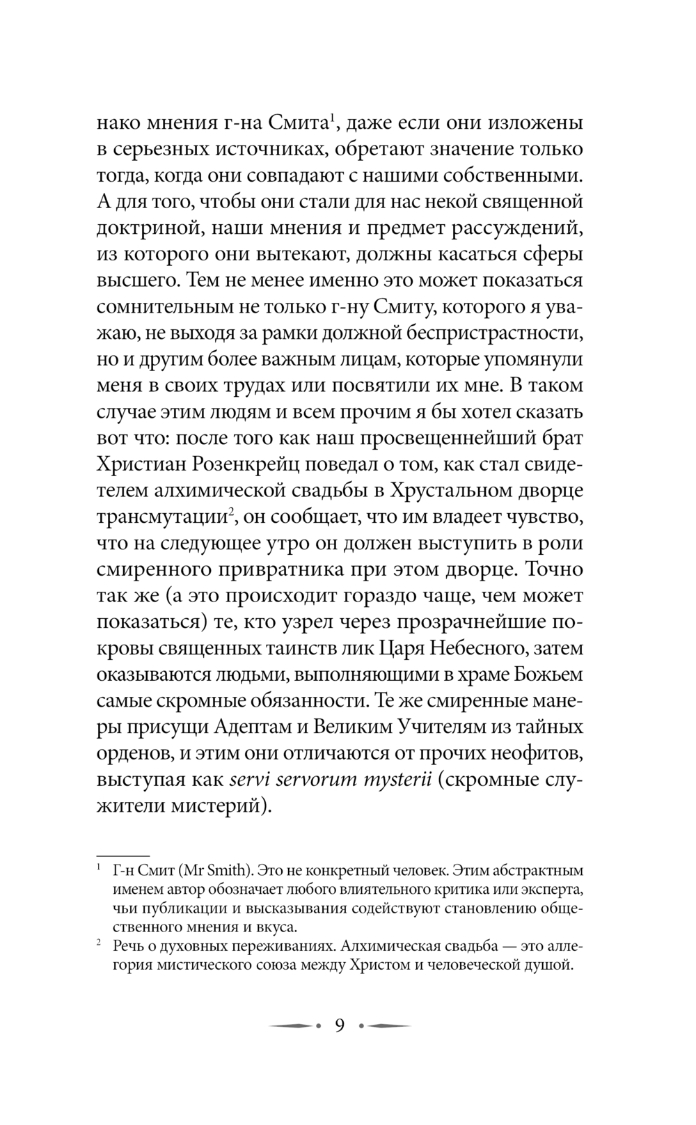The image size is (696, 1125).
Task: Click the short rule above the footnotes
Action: [123, 854]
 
